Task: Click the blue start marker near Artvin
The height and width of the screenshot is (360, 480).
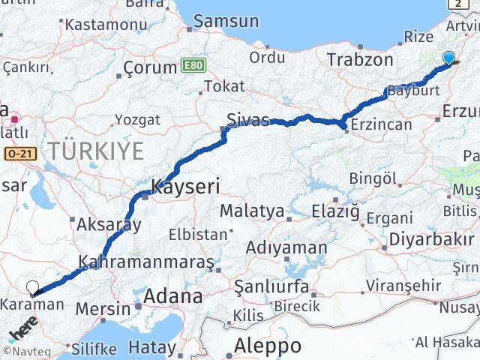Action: [448, 58]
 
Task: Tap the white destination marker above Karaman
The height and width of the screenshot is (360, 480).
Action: [32, 286]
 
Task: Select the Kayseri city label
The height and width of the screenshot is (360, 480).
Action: [184, 186]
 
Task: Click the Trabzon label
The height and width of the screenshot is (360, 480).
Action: [360, 60]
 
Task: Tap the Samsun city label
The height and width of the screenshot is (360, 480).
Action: [226, 22]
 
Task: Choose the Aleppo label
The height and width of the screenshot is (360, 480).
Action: [268, 346]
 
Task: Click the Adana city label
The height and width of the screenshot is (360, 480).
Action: [173, 295]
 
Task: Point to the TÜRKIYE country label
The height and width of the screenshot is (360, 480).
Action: [96, 151]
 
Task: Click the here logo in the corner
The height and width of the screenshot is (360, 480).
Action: [22, 330]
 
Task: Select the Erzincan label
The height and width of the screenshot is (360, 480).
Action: [382, 124]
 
